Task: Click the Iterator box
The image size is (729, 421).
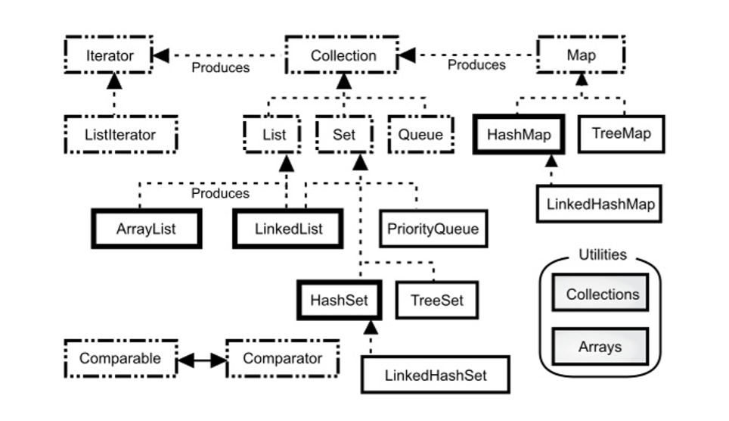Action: [x=109, y=55]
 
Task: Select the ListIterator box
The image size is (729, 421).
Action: [x=120, y=135]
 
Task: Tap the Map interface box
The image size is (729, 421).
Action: [x=581, y=55]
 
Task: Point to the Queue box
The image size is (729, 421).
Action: [x=420, y=135]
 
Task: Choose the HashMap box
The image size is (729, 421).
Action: [x=518, y=134]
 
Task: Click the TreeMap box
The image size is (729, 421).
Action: [x=621, y=134]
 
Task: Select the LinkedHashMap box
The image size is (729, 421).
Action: [x=600, y=204]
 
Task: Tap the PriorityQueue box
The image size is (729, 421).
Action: [x=432, y=229]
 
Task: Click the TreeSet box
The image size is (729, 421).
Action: [x=436, y=300]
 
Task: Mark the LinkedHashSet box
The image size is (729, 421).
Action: [x=435, y=375]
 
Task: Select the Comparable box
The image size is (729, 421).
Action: [x=120, y=358]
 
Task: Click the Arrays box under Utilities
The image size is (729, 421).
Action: [x=600, y=347]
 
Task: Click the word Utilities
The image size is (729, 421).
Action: [x=602, y=254]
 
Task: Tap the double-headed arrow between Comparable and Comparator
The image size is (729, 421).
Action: [x=201, y=359]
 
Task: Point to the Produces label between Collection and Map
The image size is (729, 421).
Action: [x=476, y=65]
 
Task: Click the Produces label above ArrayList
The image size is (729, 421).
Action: [x=220, y=193]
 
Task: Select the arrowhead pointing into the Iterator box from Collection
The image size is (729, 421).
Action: [x=161, y=55]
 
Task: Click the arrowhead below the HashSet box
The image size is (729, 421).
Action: [x=371, y=327]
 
